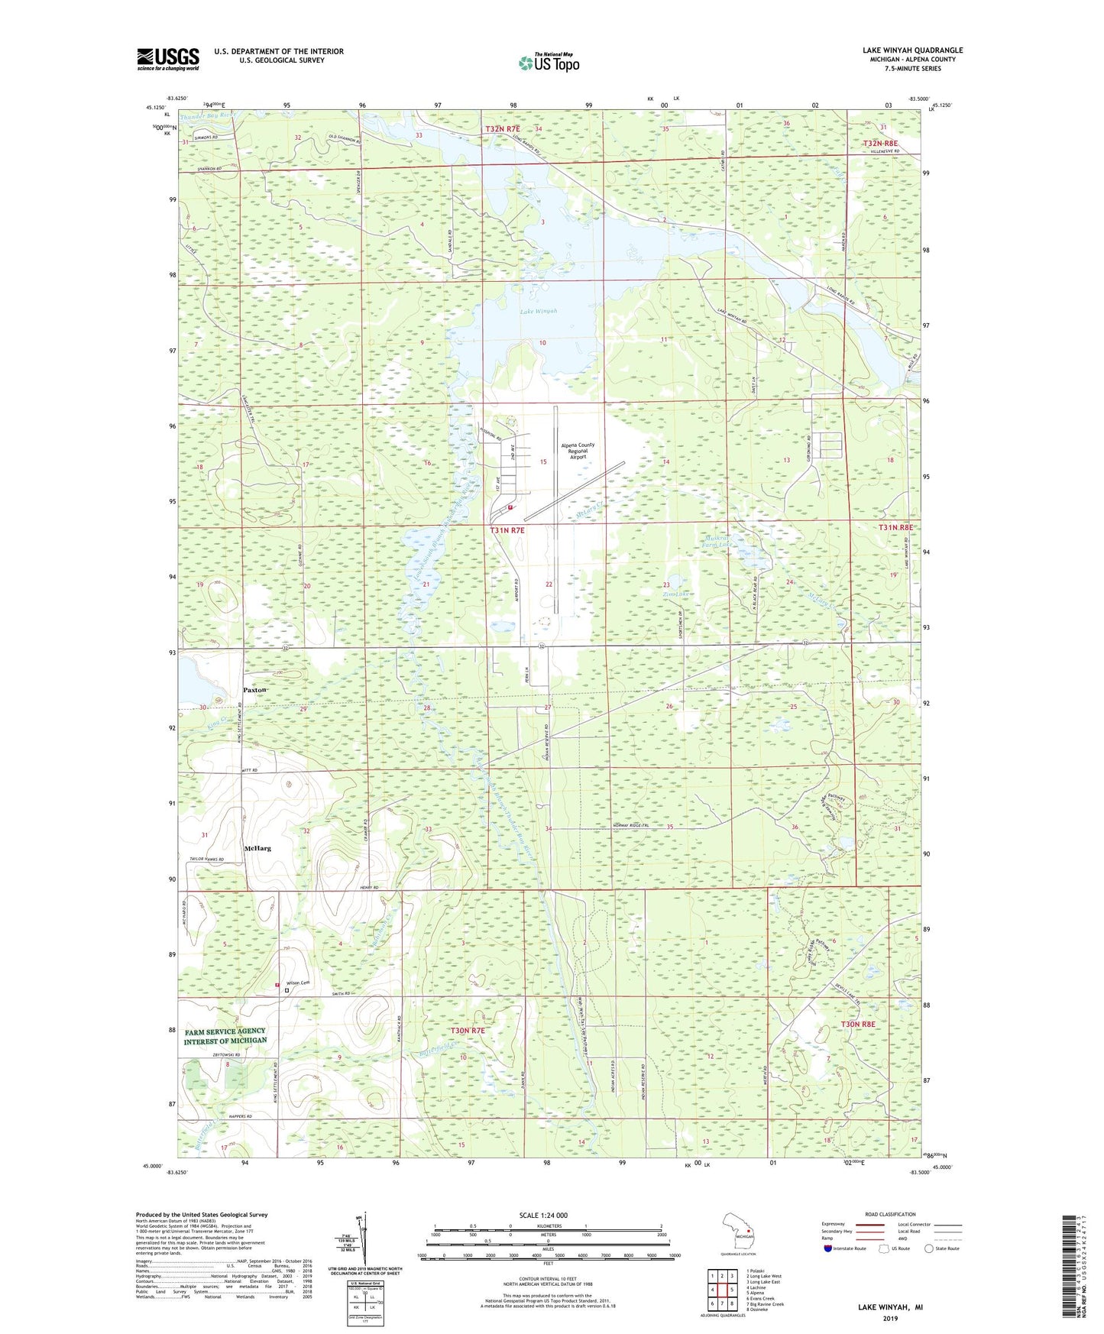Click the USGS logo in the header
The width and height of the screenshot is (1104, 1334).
(x=168, y=58)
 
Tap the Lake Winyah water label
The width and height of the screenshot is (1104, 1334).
(x=539, y=311)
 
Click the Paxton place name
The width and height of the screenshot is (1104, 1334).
(x=255, y=690)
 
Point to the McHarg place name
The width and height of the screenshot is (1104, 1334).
(x=257, y=848)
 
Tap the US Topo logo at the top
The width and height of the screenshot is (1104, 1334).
(x=549, y=63)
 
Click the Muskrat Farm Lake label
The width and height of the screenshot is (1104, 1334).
(x=717, y=539)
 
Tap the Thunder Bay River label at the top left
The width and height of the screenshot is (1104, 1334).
(x=209, y=115)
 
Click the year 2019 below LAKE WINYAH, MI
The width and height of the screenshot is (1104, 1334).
(x=890, y=1318)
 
